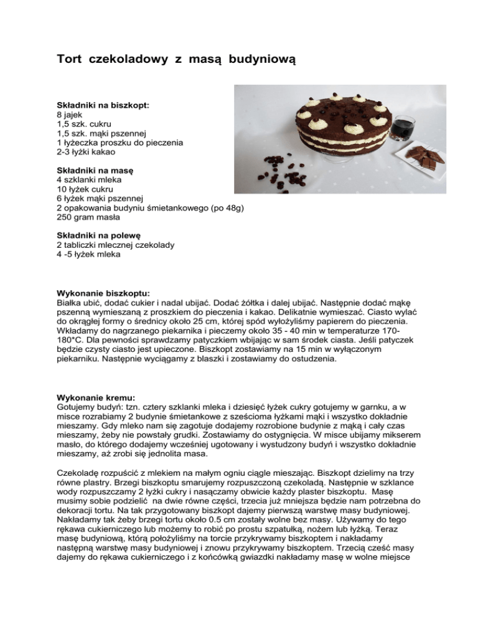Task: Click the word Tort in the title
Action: point(70,60)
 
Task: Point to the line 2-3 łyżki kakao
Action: point(85,151)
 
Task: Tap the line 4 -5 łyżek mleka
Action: point(88,255)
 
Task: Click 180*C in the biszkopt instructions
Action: point(71,339)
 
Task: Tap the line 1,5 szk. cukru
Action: point(80,124)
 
